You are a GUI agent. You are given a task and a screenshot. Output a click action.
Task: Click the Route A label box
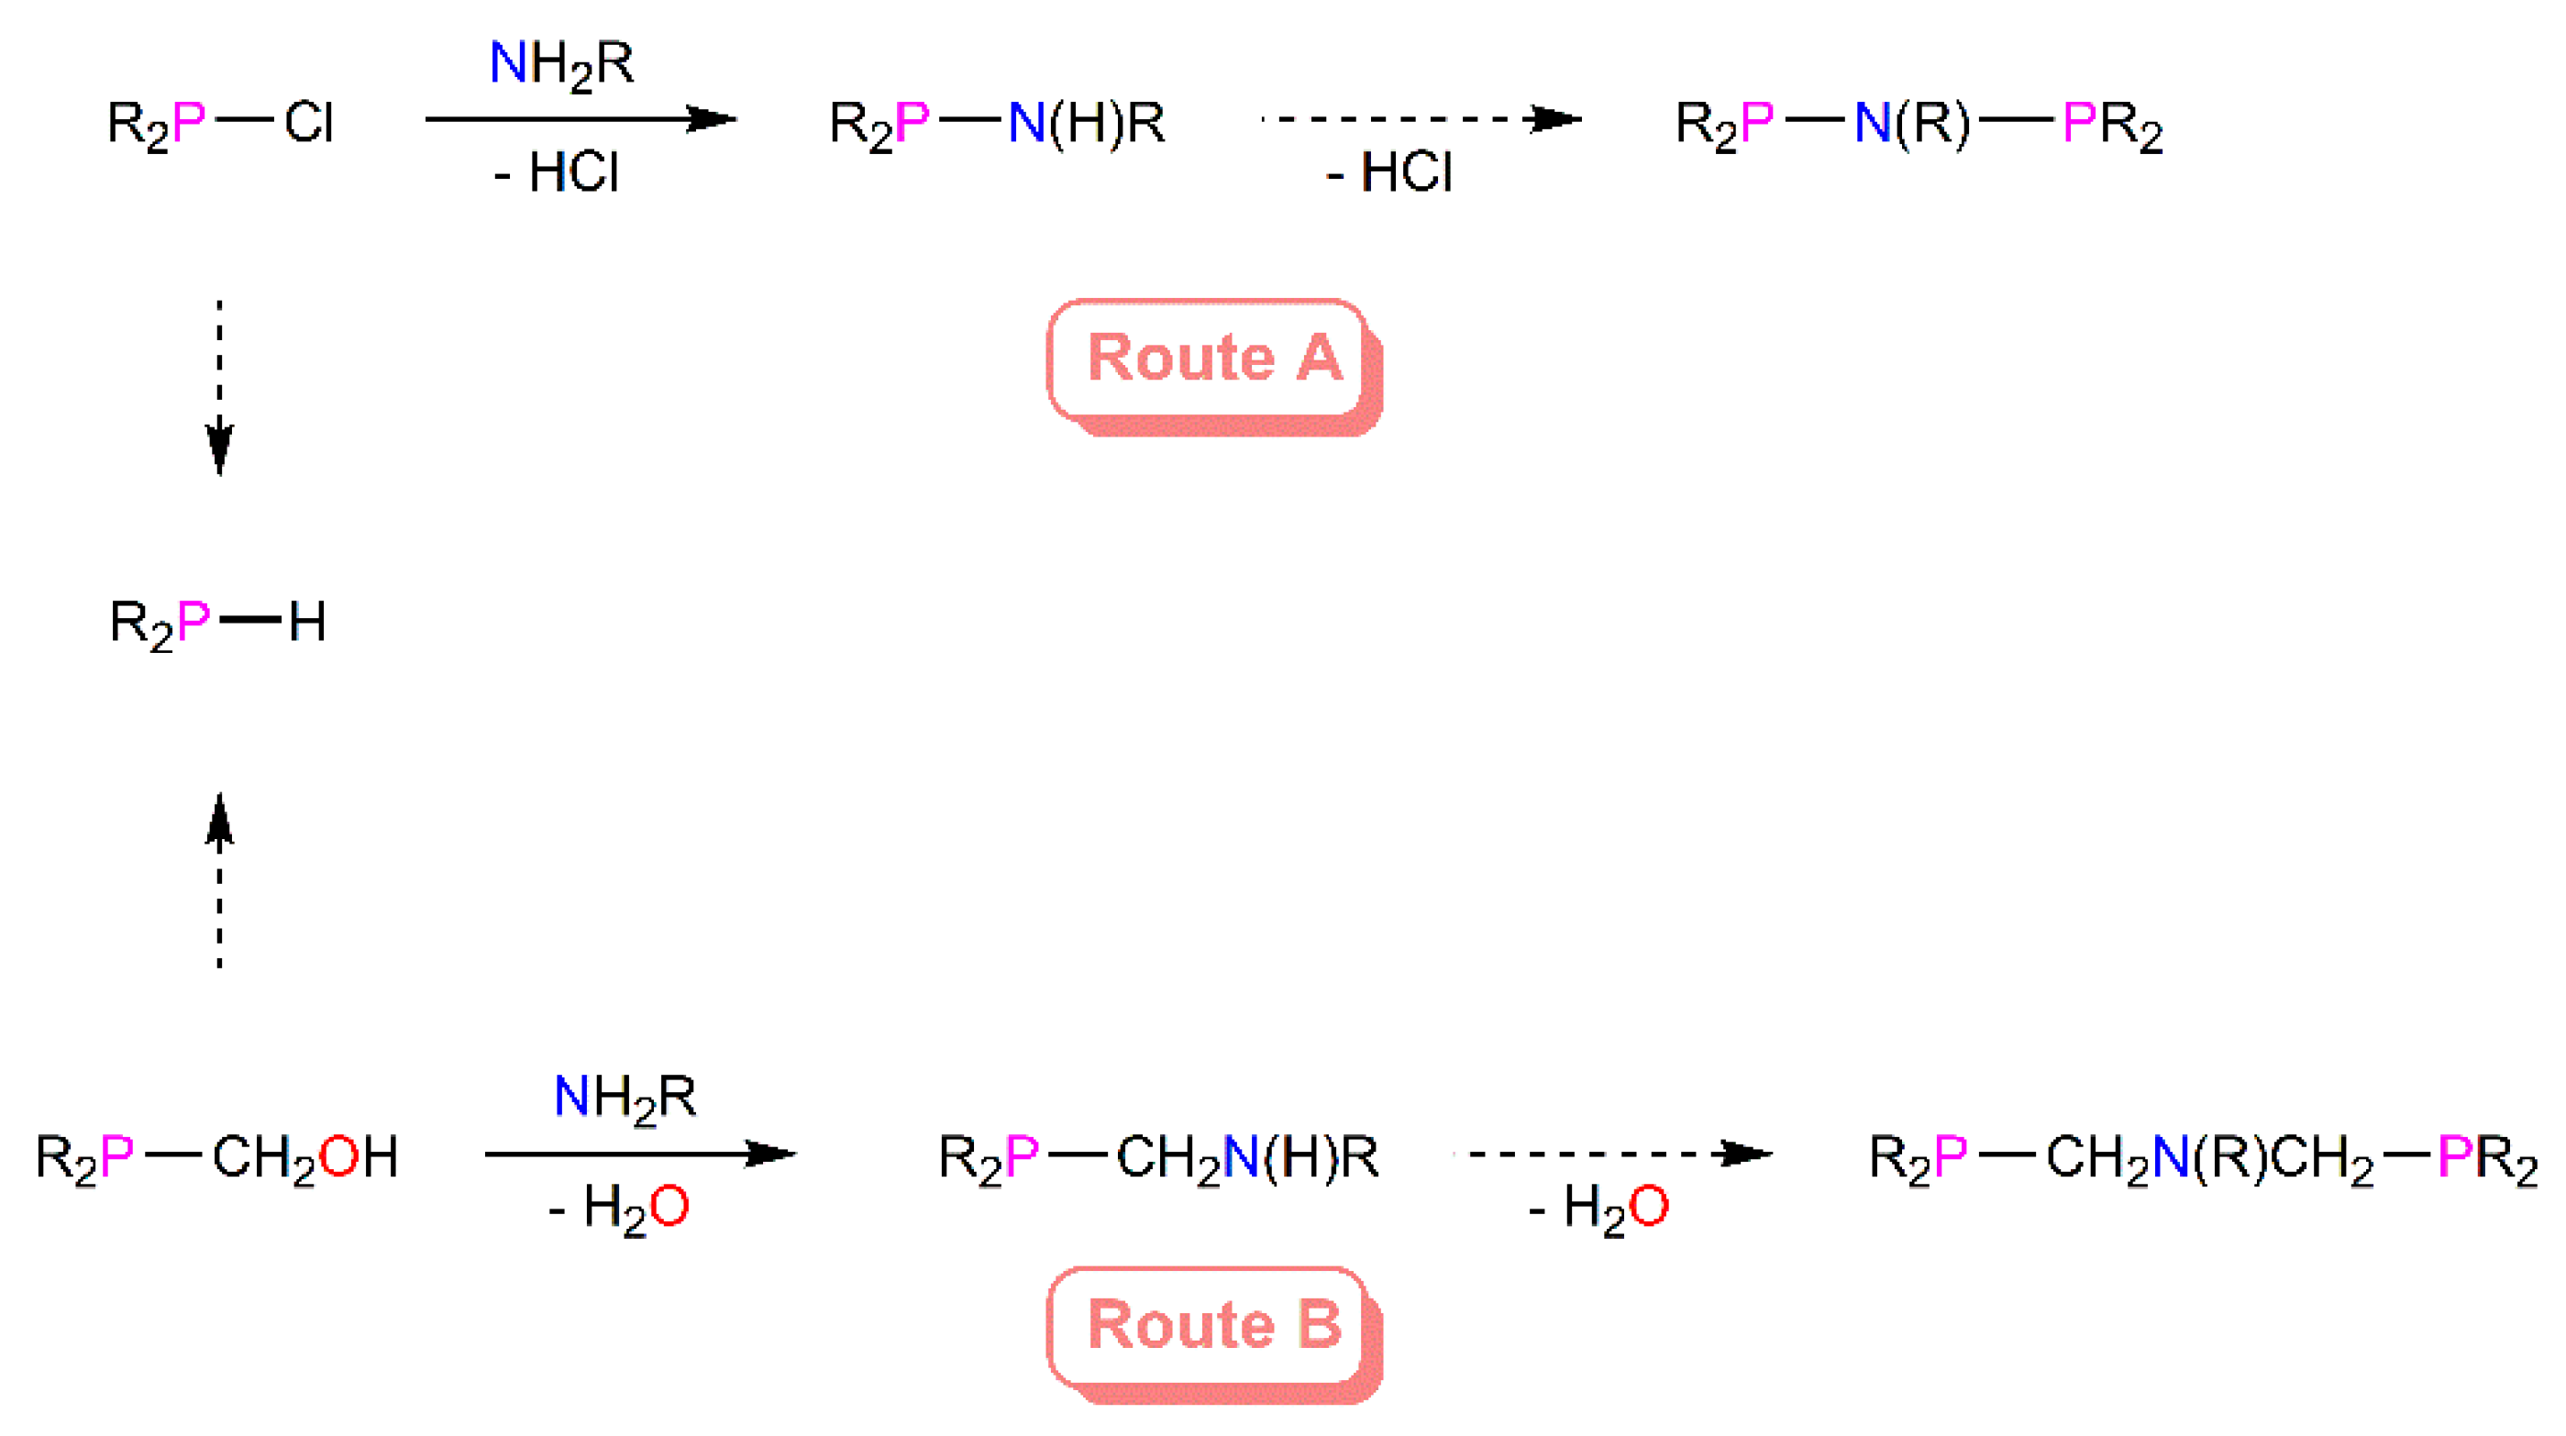coord(1213,360)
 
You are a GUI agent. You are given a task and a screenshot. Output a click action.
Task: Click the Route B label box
coord(1213,1327)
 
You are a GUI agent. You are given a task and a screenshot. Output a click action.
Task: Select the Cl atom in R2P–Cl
coord(308,124)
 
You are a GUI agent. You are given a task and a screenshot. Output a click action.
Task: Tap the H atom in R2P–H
coord(307,623)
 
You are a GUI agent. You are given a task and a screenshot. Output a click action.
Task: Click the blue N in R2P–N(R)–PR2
coord(1872,124)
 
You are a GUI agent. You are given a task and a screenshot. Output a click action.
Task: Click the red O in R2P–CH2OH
coord(338,1157)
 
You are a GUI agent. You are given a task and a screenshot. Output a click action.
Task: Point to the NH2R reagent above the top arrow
coord(561,65)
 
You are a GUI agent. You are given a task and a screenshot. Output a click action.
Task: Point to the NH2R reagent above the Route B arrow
coord(625,1098)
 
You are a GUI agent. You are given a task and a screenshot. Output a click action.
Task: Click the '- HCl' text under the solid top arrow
coord(557,172)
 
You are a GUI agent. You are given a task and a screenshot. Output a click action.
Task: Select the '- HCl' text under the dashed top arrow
coord(1389,172)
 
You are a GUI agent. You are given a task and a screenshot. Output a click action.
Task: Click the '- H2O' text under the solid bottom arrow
coord(619,1208)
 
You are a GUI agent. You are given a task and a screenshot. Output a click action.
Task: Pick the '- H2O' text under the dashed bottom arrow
coord(1598,1208)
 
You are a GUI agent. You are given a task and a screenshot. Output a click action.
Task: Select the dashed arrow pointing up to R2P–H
coord(219,880)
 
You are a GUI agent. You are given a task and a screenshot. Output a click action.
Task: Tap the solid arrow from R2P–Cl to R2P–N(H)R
coord(580,119)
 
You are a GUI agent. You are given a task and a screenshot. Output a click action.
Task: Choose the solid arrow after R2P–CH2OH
coord(639,1154)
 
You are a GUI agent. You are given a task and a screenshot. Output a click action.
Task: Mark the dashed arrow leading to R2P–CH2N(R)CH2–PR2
coord(1614,1154)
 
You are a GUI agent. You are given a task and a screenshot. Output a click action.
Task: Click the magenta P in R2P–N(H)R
coord(912,124)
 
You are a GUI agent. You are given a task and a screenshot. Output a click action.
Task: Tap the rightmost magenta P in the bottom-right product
coord(2454,1157)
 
